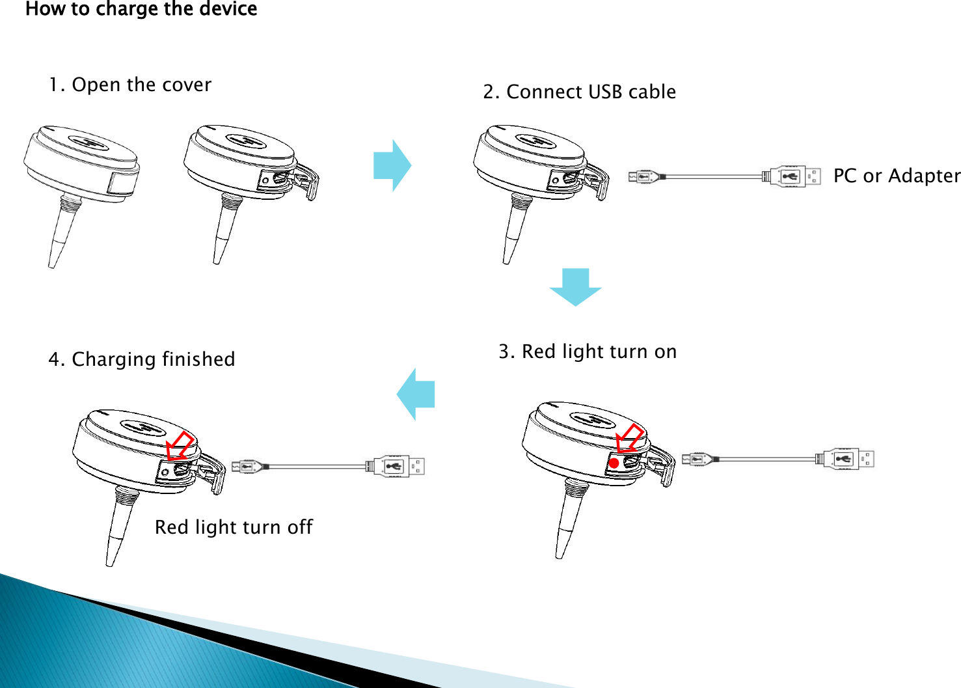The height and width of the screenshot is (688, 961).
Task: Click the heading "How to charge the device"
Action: (x=141, y=9)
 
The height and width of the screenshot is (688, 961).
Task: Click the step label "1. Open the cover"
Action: (x=130, y=85)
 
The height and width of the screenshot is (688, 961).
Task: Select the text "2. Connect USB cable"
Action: (x=579, y=92)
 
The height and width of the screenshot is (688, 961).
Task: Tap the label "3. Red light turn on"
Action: (x=588, y=351)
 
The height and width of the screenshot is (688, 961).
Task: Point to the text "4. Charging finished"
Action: (x=142, y=359)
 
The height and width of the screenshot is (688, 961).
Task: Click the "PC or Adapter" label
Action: (x=896, y=176)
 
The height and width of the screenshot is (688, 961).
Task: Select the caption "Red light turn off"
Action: (x=234, y=527)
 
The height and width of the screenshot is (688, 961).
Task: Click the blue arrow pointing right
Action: (x=392, y=165)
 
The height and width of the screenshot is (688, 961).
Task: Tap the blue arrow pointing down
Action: (x=575, y=286)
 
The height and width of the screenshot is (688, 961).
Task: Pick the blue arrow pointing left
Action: (x=416, y=394)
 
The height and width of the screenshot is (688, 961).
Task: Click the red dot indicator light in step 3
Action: (x=614, y=463)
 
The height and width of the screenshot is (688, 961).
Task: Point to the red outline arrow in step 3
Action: (x=629, y=437)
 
